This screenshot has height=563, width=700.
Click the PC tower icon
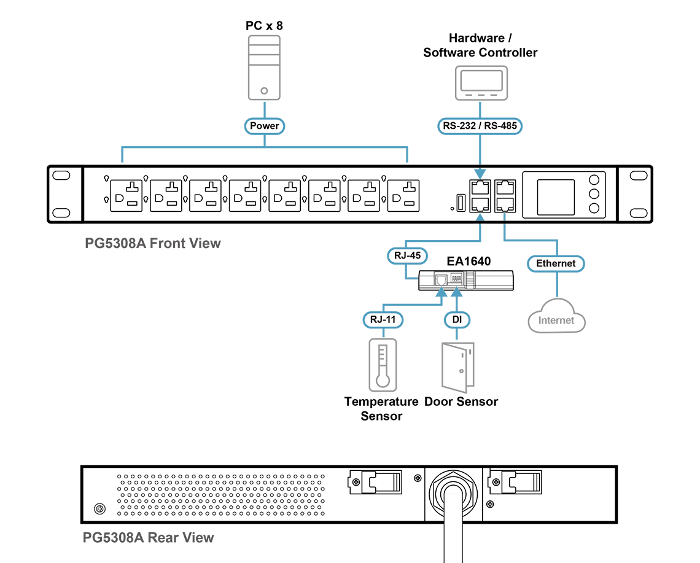tap(264, 68)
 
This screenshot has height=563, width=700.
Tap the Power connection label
tap(264, 126)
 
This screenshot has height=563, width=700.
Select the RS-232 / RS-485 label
tap(480, 126)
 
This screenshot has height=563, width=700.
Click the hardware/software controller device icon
tap(481, 83)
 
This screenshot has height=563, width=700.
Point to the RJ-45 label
tap(407, 256)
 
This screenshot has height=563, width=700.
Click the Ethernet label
tap(556, 263)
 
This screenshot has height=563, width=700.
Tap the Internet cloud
tap(556, 316)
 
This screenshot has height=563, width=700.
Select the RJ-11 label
tap(383, 320)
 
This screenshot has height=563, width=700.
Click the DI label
tap(457, 320)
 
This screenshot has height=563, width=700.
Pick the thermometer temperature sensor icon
tap(383, 365)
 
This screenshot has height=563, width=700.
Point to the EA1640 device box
tap(465, 281)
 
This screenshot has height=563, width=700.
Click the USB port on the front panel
tap(461, 203)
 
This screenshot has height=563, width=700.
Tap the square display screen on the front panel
tap(556, 197)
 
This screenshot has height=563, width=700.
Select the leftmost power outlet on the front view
tap(126, 196)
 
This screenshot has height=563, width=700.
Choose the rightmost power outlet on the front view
tap(403, 196)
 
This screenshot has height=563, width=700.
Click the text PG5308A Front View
tap(153, 243)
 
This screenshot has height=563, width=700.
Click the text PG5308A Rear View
tap(148, 538)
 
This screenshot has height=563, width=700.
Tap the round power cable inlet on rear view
tap(453, 494)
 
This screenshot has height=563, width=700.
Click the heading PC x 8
tap(264, 26)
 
